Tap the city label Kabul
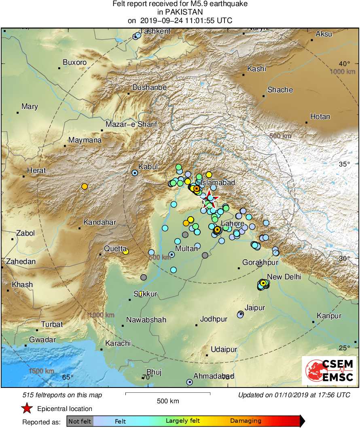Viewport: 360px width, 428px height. click(x=148, y=166)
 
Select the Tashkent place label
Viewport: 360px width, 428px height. click(x=155, y=31)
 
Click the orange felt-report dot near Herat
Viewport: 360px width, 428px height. click(x=85, y=186)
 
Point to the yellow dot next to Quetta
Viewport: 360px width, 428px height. click(x=126, y=251)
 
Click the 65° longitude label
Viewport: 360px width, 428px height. click(x=68, y=377)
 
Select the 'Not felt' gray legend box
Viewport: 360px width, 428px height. click(x=80, y=421)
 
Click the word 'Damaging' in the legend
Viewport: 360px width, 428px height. click(x=246, y=421)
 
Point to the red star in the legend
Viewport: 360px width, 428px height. click(x=27, y=409)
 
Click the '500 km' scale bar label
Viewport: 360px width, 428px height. click(x=168, y=401)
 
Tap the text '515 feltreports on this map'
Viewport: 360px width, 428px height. click(x=62, y=395)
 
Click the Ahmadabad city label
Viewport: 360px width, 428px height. click(x=214, y=376)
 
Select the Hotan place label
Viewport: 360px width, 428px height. click(x=320, y=117)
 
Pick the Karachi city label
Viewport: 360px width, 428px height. click(x=118, y=343)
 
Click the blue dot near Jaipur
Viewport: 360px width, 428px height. click(x=240, y=314)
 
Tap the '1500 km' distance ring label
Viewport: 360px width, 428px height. click(x=41, y=371)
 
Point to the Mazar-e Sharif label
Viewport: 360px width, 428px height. click(x=131, y=124)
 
